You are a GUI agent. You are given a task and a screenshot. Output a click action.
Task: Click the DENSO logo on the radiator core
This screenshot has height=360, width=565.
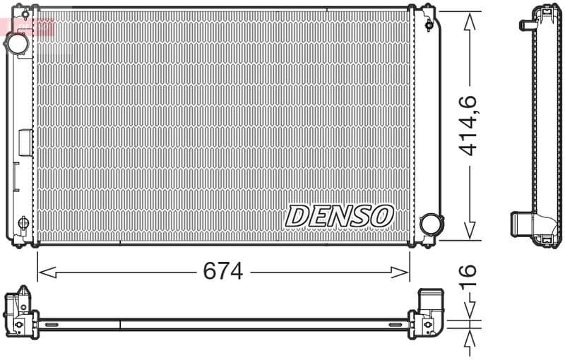pyautogui.click(x=339, y=215)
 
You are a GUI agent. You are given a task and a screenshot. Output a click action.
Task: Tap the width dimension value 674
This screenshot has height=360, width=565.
pyautogui.click(x=222, y=271)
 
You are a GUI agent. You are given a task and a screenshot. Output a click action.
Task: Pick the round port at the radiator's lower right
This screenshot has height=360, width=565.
pyautogui.click(x=429, y=224)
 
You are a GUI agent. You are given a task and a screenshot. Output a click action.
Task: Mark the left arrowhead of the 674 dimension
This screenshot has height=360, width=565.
pyautogui.click(x=42, y=271)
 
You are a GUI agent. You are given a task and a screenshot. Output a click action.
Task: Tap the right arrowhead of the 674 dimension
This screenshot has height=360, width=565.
pyautogui.click(x=404, y=271)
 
